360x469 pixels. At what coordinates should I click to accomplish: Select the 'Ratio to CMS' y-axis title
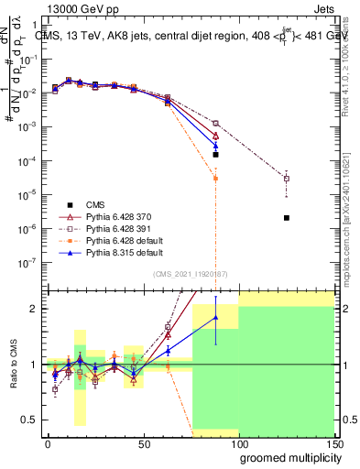click(13, 365)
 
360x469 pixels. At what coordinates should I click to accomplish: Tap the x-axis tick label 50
click(143, 443)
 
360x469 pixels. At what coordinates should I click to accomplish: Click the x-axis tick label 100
click(239, 443)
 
